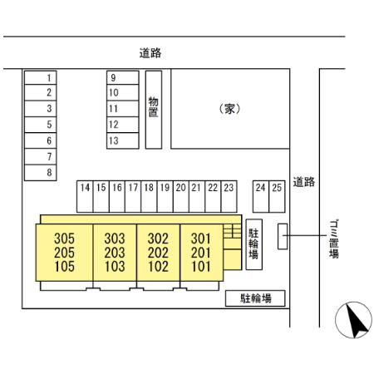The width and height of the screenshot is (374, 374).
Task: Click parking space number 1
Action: tap(41, 77)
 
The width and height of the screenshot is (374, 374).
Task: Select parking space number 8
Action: tap(41, 173)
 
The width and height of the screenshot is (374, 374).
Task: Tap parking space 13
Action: tap(123, 140)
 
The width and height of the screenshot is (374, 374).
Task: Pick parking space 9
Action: tap(123, 77)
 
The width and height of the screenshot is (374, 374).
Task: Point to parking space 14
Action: tap(85, 197)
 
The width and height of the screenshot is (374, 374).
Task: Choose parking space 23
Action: tap(229, 197)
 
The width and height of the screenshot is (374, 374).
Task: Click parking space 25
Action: tap(277, 197)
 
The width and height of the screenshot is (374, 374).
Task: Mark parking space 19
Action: tap(165, 197)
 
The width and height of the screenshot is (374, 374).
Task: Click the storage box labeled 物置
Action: tap(154, 110)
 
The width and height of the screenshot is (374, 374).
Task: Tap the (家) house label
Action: tap(229, 109)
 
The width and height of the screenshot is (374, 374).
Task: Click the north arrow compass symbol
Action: tap(353, 320)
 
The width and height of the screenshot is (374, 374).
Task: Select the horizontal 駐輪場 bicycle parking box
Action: tap(255, 298)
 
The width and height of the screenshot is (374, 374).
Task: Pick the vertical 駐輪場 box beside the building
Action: tap(254, 244)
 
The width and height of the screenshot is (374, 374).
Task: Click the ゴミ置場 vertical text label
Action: tap(334, 239)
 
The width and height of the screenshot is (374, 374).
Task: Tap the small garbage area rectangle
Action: tap(283, 236)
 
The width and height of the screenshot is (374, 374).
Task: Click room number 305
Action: tap(64, 239)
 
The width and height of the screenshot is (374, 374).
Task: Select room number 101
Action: tap(201, 267)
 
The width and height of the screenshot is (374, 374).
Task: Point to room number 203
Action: tap(115, 253)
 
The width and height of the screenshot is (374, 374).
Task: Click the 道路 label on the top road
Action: tap(150, 53)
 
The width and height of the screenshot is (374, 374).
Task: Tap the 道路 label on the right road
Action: tap(304, 182)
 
